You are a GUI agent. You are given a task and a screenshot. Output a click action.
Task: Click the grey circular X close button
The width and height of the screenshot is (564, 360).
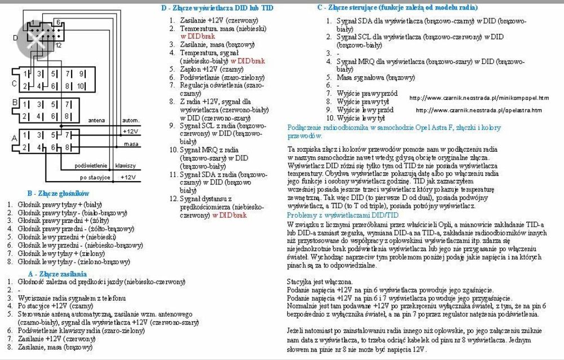coord(38,39)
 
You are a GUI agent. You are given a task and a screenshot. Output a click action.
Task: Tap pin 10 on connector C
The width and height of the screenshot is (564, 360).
coord(81,86)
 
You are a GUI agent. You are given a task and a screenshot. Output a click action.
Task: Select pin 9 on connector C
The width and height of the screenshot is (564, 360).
coord(81,74)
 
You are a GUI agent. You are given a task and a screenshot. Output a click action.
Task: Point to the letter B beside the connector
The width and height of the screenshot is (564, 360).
coord(15,103)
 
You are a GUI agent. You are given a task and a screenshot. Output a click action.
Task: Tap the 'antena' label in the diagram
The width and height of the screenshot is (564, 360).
coord(96,121)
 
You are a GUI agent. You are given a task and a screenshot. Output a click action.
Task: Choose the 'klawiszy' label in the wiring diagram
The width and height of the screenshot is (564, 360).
coord(125,166)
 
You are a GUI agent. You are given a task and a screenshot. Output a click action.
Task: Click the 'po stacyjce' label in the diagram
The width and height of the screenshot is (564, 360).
coord(94,177)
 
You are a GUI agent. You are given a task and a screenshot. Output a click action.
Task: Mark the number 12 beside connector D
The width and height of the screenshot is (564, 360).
coord(58,45)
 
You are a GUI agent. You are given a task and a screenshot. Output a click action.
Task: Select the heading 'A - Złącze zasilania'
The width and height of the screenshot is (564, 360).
coord(61,273)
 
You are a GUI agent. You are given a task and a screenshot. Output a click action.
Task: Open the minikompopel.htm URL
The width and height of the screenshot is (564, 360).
coord(478,98)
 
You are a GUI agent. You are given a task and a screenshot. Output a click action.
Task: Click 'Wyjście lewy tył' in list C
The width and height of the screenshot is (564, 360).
coord(361,118)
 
